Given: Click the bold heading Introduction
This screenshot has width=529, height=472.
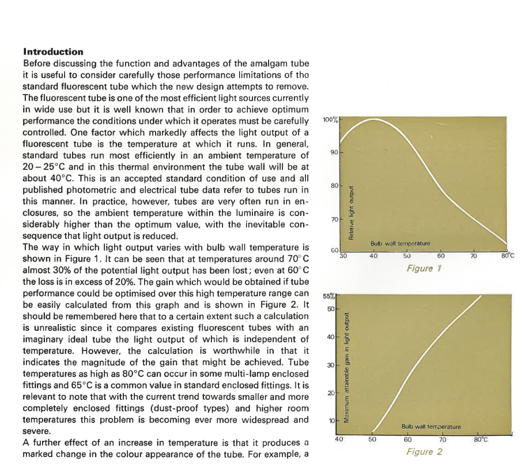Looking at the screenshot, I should [x=53, y=52].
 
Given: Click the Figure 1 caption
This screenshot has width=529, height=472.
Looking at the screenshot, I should [x=424, y=269].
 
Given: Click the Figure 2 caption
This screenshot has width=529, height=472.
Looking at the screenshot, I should [x=424, y=452].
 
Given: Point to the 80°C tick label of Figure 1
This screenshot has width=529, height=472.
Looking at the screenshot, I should [x=507, y=255].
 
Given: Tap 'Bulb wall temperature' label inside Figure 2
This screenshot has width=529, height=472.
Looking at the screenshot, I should [x=430, y=427].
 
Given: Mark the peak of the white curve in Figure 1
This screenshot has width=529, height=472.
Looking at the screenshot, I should [x=373, y=120].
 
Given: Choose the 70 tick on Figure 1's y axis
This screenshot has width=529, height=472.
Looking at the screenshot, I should [x=334, y=220].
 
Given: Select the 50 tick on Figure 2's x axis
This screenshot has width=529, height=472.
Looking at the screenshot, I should [x=372, y=440].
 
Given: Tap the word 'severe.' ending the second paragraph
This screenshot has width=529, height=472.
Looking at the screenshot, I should [x=37, y=431].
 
